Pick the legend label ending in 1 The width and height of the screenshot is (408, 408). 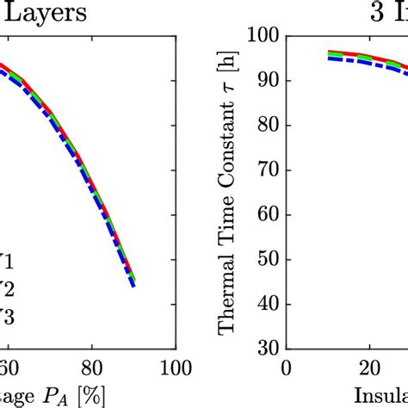click(10, 258)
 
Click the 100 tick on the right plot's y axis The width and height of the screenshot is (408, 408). click(263, 36)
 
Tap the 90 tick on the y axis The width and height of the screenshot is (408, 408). click(267, 81)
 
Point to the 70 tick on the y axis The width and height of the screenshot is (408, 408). click(267, 170)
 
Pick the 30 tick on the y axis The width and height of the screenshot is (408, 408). click(267, 349)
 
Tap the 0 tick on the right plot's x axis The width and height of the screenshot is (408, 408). click(287, 365)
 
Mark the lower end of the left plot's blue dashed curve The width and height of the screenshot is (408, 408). click(133, 285)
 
